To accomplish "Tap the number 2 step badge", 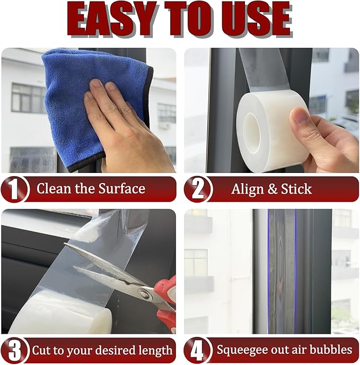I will [x=196, y=189].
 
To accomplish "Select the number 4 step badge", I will [x=196, y=351].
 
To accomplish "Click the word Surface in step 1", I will [x=119, y=189].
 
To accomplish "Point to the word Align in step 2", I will [x=247, y=189].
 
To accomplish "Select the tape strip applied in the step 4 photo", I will [x=282, y=271].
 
